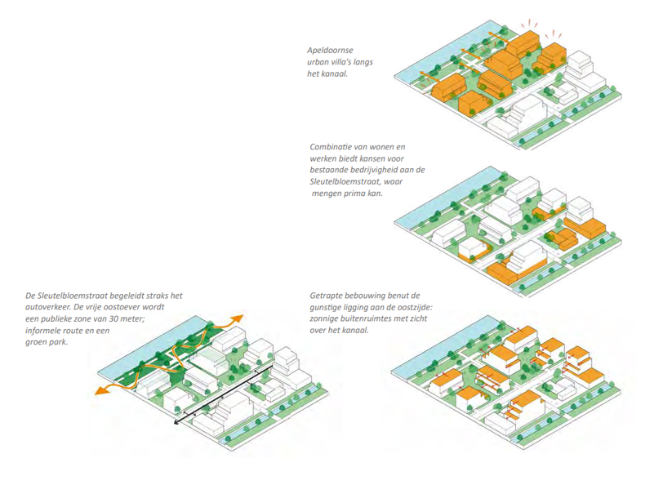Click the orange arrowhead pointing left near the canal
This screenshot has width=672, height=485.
click(x=100, y=391)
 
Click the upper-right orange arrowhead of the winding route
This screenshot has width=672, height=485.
click(x=239, y=317)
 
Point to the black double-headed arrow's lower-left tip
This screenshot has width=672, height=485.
click(x=175, y=425)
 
